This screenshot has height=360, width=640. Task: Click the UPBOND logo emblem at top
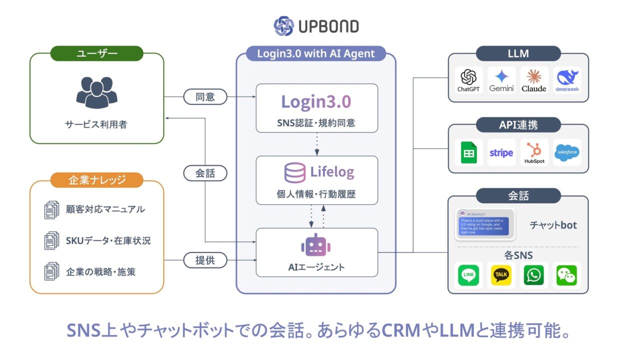(283, 26)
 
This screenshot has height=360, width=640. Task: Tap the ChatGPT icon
(468, 77)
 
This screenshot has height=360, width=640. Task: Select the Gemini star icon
(501, 77)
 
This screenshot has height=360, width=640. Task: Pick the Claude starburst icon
(534, 77)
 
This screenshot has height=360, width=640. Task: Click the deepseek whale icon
(567, 77)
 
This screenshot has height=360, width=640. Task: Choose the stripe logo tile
(501, 152)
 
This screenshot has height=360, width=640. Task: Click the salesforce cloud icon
(567, 152)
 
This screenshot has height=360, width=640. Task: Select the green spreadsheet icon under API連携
(468, 152)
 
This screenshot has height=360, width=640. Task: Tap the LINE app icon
(468, 275)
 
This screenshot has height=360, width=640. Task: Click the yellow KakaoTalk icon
(501, 275)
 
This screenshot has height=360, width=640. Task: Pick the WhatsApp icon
(534, 275)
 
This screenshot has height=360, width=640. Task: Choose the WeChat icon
(567, 275)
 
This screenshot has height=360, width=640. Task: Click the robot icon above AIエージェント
(316, 245)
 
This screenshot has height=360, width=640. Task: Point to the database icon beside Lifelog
(295, 173)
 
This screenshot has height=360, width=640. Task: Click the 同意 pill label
(205, 96)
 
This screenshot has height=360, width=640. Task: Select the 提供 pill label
(205, 260)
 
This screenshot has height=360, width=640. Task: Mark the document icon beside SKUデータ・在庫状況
(51, 240)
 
